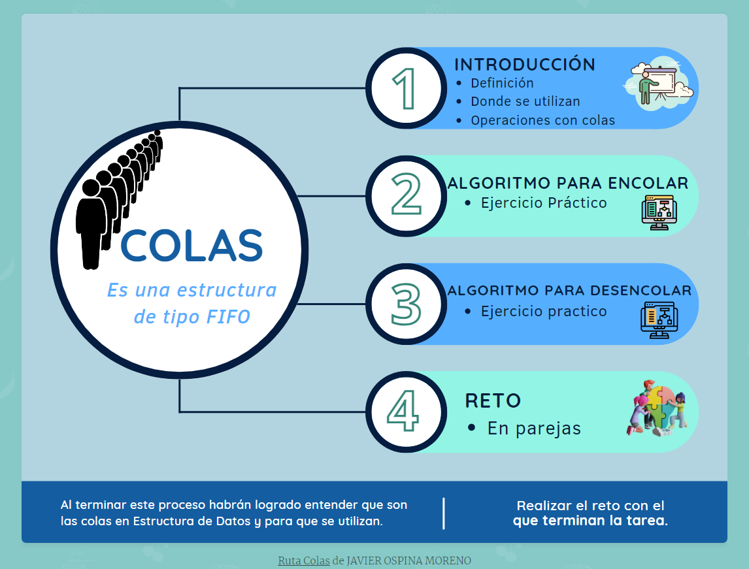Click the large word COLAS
pyautogui.click(x=191, y=246)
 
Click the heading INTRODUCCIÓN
pyautogui.click(x=525, y=65)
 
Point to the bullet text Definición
pyautogui.click(x=502, y=83)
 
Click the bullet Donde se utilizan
pyautogui.click(x=525, y=101)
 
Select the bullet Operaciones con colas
pyautogui.click(x=542, y=120)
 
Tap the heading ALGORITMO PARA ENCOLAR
pyautogui.click(x=568, y=183)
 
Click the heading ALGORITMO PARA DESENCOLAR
pyautogui.click(x=569, y=290)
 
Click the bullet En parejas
pyautogui.click(x=534, y=429)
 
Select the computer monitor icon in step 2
pyautogui.click(x=659, y=212)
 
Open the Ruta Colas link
pyautogui.click(x=304, y=561)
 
